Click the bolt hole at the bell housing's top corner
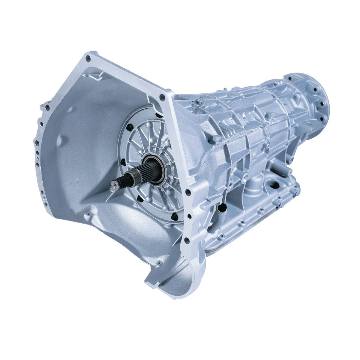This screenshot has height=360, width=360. tap(88, 59)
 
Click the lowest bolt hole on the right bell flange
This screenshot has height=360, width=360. tap(186, 241)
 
